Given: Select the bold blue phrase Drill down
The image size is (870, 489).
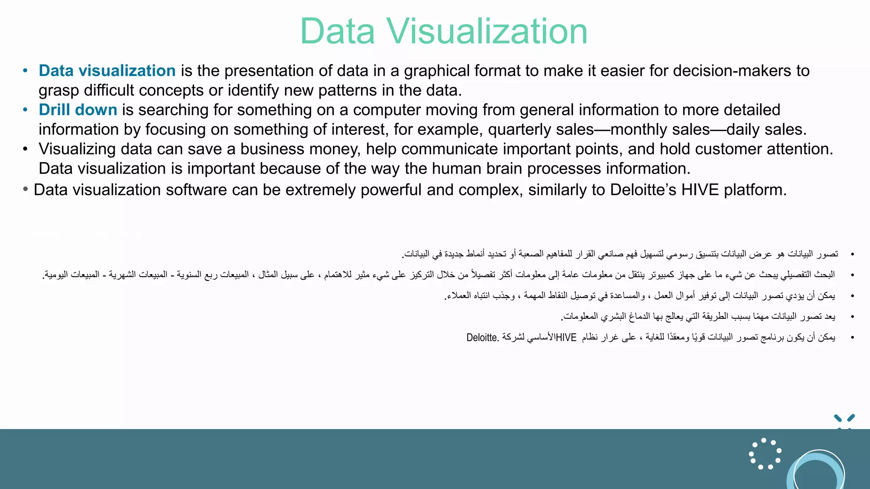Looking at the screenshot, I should click(78, 110).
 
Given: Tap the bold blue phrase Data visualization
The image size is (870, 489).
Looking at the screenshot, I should click(107, 71).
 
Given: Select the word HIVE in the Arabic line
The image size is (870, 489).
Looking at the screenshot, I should click(566, 338).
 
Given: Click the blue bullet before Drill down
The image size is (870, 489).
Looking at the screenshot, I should click(25, 110).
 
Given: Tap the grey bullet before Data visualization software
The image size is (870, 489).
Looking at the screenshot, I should click(25, 189).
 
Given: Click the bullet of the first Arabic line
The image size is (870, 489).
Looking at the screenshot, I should click(852, 254).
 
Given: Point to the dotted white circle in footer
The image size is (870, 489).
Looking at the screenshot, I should click(765, 454).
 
